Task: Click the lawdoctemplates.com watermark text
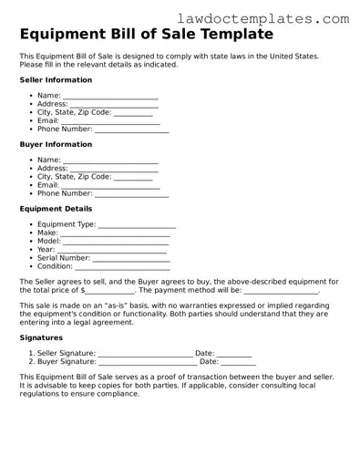[275, 17]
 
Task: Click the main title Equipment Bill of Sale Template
[146, 35]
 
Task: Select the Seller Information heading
[56, 80]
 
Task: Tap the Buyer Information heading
[56, 144]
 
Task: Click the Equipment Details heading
[54, 209]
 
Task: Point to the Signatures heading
[41, 337]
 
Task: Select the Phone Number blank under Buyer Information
[131, 194]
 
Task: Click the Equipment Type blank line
[136, 224]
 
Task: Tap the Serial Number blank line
[131, 258]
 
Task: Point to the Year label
[46, 250]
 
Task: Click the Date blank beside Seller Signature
[234, 354]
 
